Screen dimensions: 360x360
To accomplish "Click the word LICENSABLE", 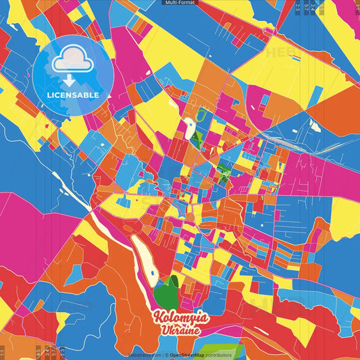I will [73, 95].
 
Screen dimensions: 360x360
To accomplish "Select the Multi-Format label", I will [180, 3].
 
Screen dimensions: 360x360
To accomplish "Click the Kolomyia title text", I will [180, 317].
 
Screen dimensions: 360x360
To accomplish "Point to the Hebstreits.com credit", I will [144, 355].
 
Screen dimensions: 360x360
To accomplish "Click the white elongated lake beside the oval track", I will [189, 126].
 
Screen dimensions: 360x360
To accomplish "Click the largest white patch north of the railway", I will [315, 126].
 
